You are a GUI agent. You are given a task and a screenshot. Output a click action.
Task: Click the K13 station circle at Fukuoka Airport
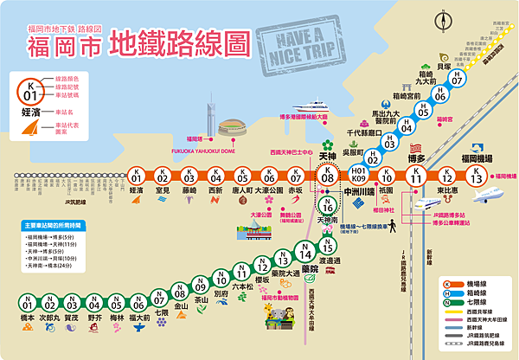click(x=474, y=176)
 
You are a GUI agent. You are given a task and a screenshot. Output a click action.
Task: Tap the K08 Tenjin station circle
click(x=327, y=176)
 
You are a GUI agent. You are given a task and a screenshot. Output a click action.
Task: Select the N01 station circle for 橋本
click(x=27, y=303)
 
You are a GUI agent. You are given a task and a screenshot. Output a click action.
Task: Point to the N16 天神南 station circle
click(x=326, y=207)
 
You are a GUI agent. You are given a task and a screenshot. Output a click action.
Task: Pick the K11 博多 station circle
click(x=416, y=176)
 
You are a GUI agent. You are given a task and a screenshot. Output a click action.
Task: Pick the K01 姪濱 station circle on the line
click(x=135, y=176)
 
